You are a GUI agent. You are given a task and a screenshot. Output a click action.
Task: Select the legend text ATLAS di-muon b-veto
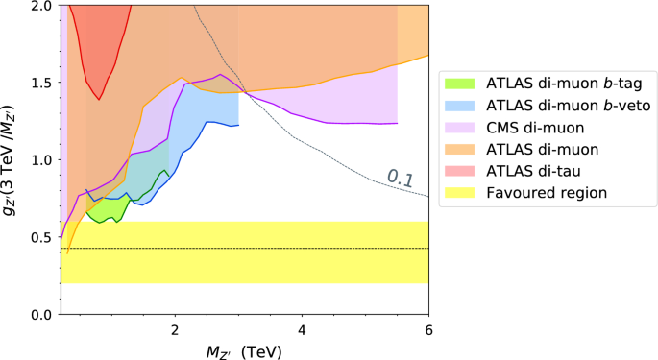[558, 104]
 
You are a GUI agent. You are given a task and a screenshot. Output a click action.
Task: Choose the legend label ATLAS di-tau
[527, 171]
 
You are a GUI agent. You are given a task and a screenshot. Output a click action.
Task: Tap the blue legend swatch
[467, 104]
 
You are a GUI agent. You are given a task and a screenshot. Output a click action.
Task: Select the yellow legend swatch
[467, 193]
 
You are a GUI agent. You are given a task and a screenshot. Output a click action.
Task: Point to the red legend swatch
[467, 171]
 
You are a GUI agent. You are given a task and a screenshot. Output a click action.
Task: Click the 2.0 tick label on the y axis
[40, 6]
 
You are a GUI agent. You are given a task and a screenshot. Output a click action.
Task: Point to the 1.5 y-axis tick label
[40, 83]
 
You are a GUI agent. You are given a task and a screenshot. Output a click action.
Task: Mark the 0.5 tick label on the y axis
[40, 237]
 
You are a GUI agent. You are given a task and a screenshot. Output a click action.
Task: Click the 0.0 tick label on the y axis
[40, 314]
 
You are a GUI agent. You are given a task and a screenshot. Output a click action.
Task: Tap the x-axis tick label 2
[175, 331]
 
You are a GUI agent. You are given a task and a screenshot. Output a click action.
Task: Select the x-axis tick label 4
[302, 331]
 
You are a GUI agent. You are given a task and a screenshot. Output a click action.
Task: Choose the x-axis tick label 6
[428, 331]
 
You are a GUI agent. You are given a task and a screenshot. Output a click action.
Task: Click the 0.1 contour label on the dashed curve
[400, 175]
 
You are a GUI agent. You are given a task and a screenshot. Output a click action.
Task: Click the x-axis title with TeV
[244, 349]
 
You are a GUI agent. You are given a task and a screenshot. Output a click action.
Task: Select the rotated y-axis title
[12, 159]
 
